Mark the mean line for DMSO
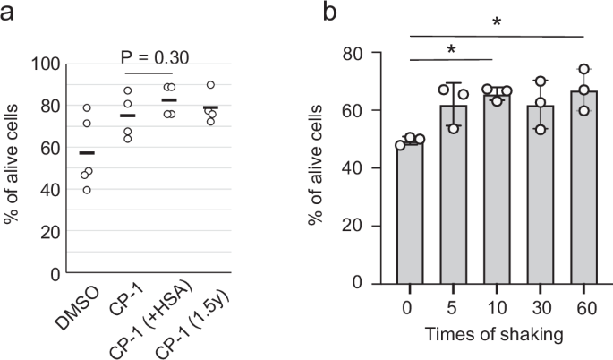87,153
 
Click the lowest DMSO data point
87,190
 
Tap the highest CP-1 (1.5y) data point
209,85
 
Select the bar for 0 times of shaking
410,212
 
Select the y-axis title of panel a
12,167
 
